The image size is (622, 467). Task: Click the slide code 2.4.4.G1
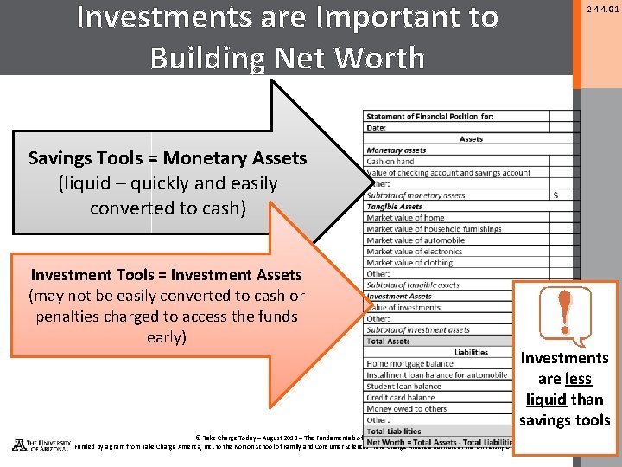point(602,10)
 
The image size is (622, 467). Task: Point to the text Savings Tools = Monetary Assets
point(168,158)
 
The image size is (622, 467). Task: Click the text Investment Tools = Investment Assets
point(167,275)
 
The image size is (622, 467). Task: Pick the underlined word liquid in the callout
point(545,400)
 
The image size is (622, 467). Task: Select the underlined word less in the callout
point(578,379)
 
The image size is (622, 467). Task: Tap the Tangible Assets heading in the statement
point(395,207)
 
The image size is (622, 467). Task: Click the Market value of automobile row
point(416,240)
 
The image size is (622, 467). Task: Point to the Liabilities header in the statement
point(471,353)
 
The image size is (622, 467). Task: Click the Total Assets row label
point(389,342)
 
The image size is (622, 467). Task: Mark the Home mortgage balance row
point(410,364)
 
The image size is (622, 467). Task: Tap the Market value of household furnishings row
point(434,229)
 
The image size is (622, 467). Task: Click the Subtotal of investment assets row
point(418,330)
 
